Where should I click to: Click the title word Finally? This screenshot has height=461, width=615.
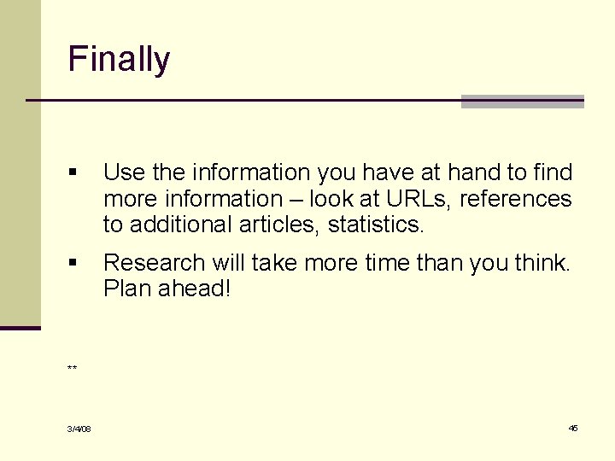pyautogui.click(x=119, y=60)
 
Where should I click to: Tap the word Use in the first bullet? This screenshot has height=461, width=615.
pyautogui.click(x=125, y=172)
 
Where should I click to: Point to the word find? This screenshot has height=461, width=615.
pyautogui.click(x=553, y=172)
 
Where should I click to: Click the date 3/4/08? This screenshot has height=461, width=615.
pyautogui.click(x=79, y=429)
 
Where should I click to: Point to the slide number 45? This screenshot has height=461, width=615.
pyautogui.click(x=573, y=428)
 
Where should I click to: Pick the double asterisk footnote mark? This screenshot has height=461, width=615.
pyautogui.click(x=73, y=369)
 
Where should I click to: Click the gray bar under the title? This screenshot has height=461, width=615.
pyautogui.click(x=522, y=102)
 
